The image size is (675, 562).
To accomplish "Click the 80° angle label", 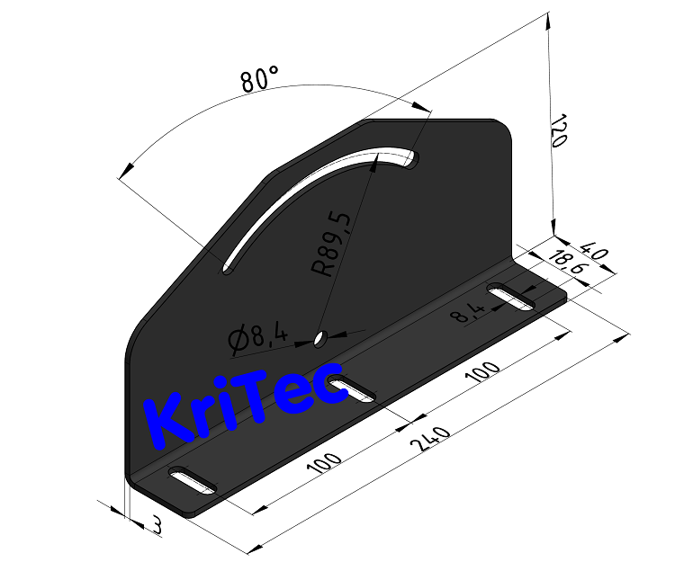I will tap(261, 80).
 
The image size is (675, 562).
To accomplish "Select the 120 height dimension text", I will tap(558, 131).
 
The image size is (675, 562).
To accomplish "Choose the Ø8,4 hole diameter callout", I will tap(257, 338).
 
